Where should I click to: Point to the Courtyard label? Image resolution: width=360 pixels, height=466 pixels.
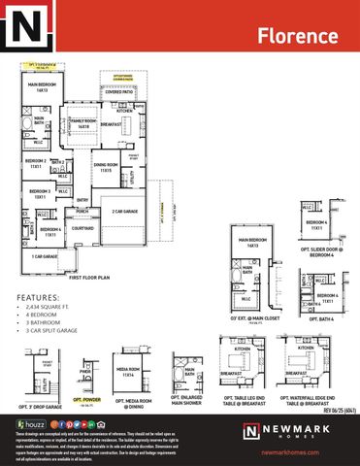pyautogui.click(x=83, y=229)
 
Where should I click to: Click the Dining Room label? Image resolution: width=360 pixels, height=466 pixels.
pyautogui.click(x=106, y=167)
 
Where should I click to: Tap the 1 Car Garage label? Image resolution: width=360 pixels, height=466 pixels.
pyautogui.click(x=45, y=256)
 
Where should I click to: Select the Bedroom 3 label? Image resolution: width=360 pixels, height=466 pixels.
pyautogui.click(x=40, y=194)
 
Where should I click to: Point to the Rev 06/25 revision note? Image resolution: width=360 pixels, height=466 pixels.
pyautogui.click(x=337, y=410)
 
